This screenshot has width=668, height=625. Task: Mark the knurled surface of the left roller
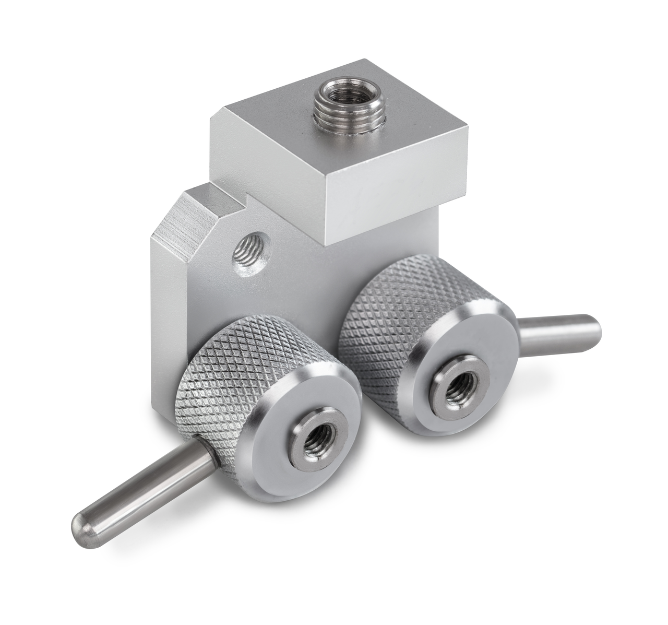[x=219, y=376]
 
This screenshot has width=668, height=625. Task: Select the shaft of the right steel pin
[x=553, y=334]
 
